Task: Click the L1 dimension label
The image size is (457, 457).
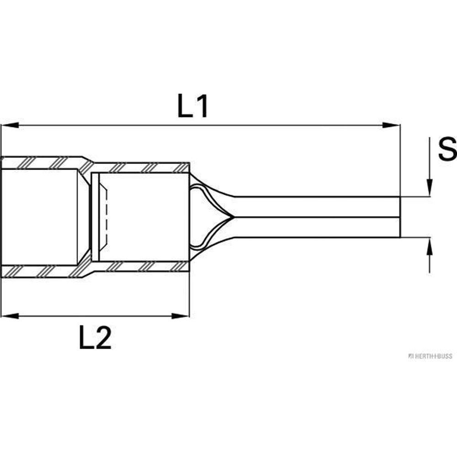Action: click(x=192, y=106)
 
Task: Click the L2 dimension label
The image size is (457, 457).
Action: click(x=96, y=337)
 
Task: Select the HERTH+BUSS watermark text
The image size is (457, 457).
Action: click(x=430, y=356)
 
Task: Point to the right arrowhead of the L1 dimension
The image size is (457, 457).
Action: click(x=391, y=125)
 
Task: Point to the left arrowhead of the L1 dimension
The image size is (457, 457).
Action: click(x=10, y=125)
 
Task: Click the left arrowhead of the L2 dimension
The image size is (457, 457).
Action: click(x=10, y=316)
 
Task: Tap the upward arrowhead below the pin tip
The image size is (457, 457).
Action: click(x=430, y=247)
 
